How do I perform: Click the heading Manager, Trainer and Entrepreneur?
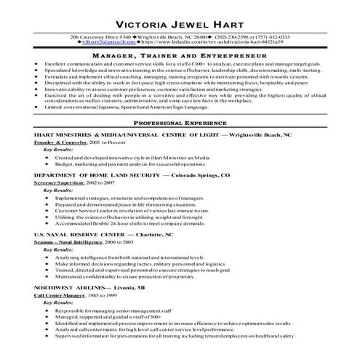pyautogui.click(x=180, y=56)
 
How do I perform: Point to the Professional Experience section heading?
pyautogui.click(x=180, y=125)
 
